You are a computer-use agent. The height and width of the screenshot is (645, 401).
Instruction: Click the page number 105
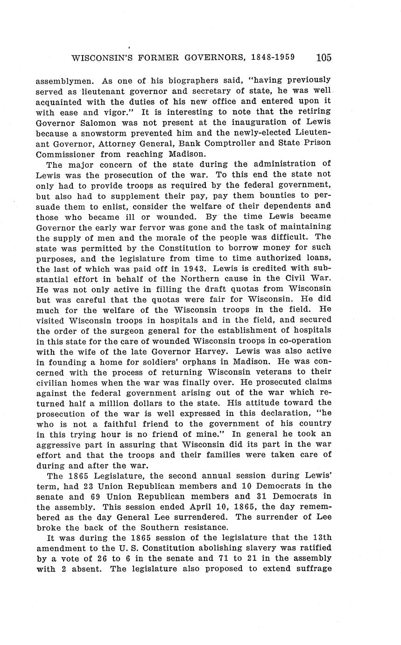click(x=324, y=58)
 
